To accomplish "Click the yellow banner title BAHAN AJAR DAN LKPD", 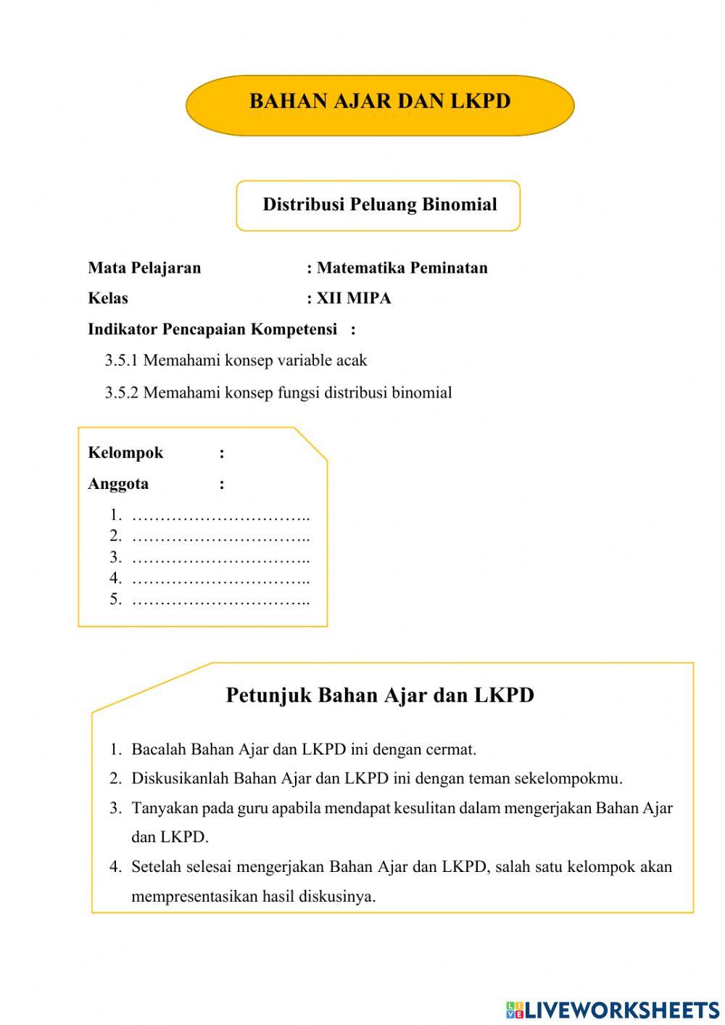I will click(380, 102).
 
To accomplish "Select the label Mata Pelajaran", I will click(144, 268).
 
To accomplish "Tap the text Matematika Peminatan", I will click(402, 268).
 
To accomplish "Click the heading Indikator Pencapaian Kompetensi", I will click(212, 330).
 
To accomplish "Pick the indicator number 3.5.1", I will click(122, 361).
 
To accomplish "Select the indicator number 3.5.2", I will click(122, 393).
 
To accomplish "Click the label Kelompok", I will click(125, 453).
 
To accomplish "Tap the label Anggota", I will click(118, 484).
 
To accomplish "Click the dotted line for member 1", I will click(221, 517).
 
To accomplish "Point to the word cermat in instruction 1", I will click(450, 750).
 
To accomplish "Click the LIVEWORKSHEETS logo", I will click(613, 1010).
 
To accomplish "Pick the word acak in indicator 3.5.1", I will click(352, 361).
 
